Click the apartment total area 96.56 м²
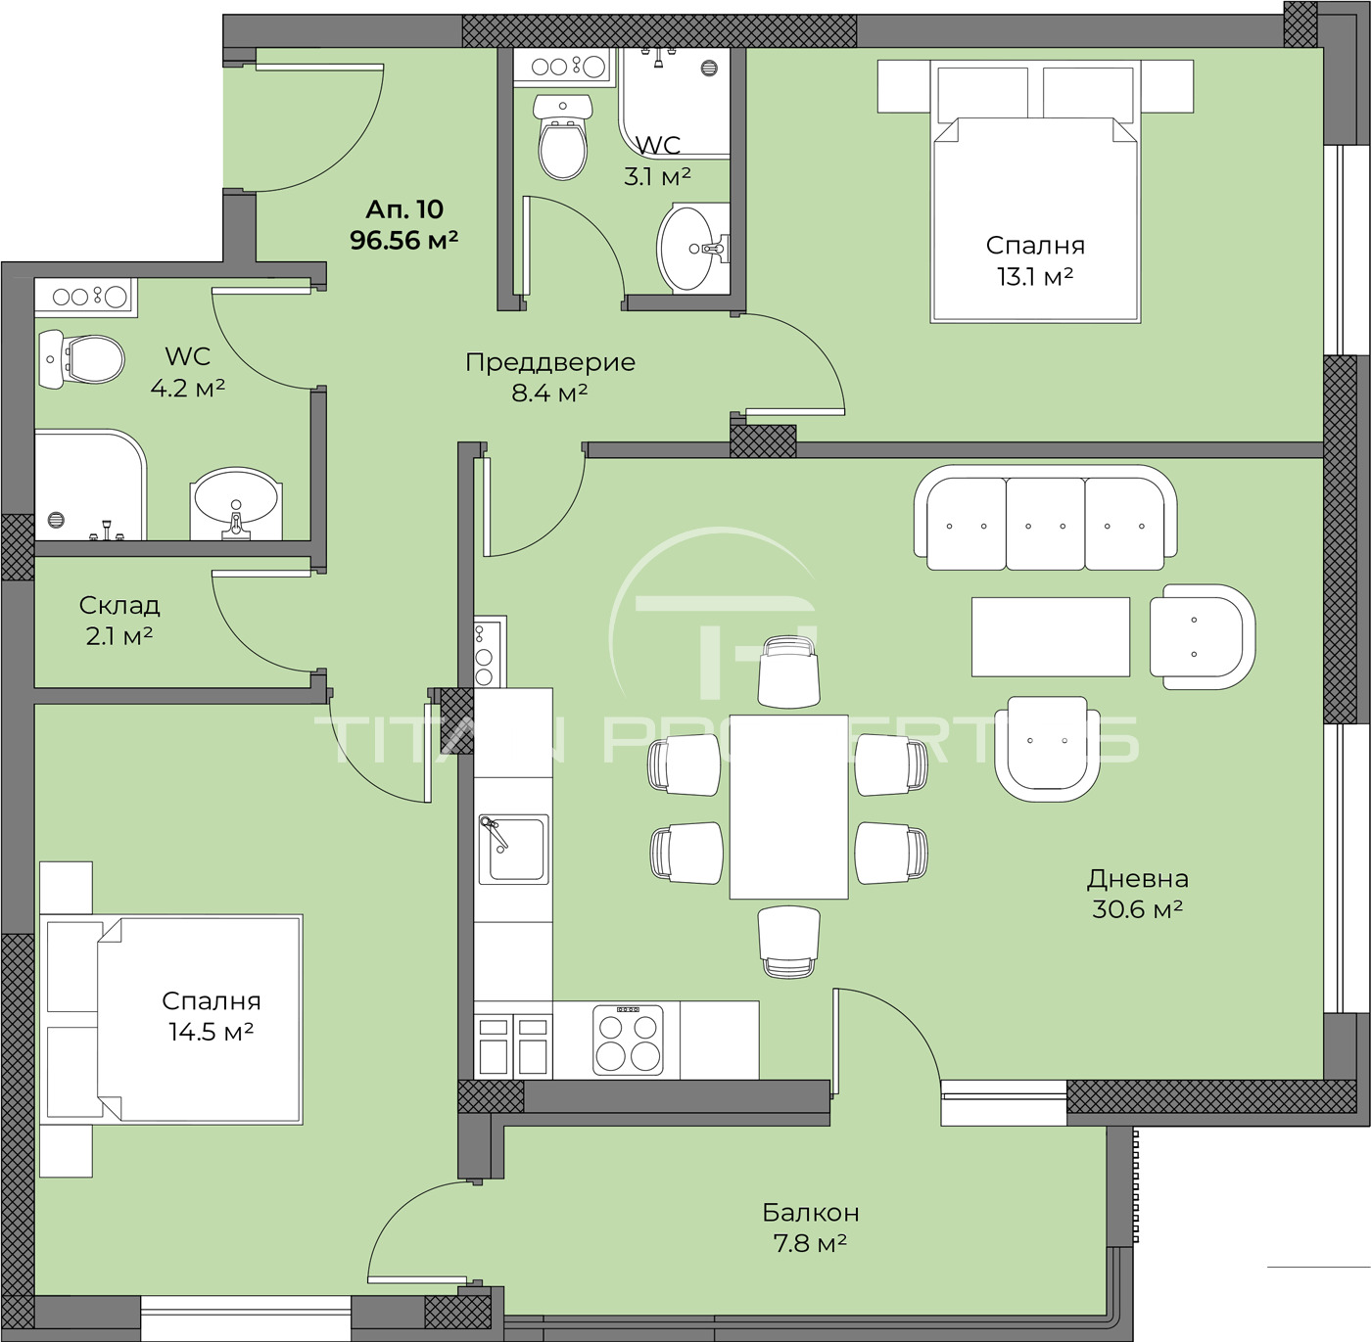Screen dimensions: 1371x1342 tap(403, 241)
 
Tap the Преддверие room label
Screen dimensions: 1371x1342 tap(550, 362)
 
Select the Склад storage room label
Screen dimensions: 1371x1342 tap(119, 605)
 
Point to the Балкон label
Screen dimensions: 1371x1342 tap(811, 1211)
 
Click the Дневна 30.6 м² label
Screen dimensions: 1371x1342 tap(1138, 894)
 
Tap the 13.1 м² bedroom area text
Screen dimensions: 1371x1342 tap(1035, 276)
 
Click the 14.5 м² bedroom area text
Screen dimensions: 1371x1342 tap(212, 1031)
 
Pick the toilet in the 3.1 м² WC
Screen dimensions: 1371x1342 tap(563, 137)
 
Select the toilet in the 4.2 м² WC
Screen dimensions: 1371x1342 tap(81, 359)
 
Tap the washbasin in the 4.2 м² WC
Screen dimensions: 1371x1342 tap(236, 503)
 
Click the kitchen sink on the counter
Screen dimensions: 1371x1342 tap(513, 850)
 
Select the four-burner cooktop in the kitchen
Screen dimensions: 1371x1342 tap(628, 1039)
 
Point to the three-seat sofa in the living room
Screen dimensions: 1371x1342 tap(1045, 519)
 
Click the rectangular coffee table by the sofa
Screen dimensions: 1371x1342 tap(1050, 636)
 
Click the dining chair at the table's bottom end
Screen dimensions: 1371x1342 tap(789, 943)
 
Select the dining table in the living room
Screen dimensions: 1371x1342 tap(789, 808)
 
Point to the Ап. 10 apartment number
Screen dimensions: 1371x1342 tap(404, 209)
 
